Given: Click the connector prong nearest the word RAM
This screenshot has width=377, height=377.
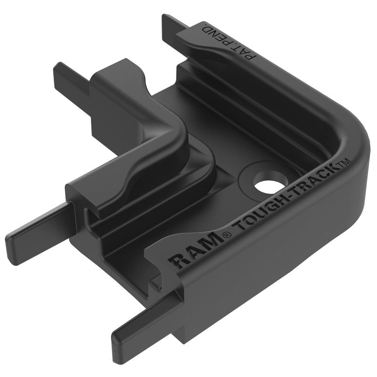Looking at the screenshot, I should (x=141, y=325).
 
